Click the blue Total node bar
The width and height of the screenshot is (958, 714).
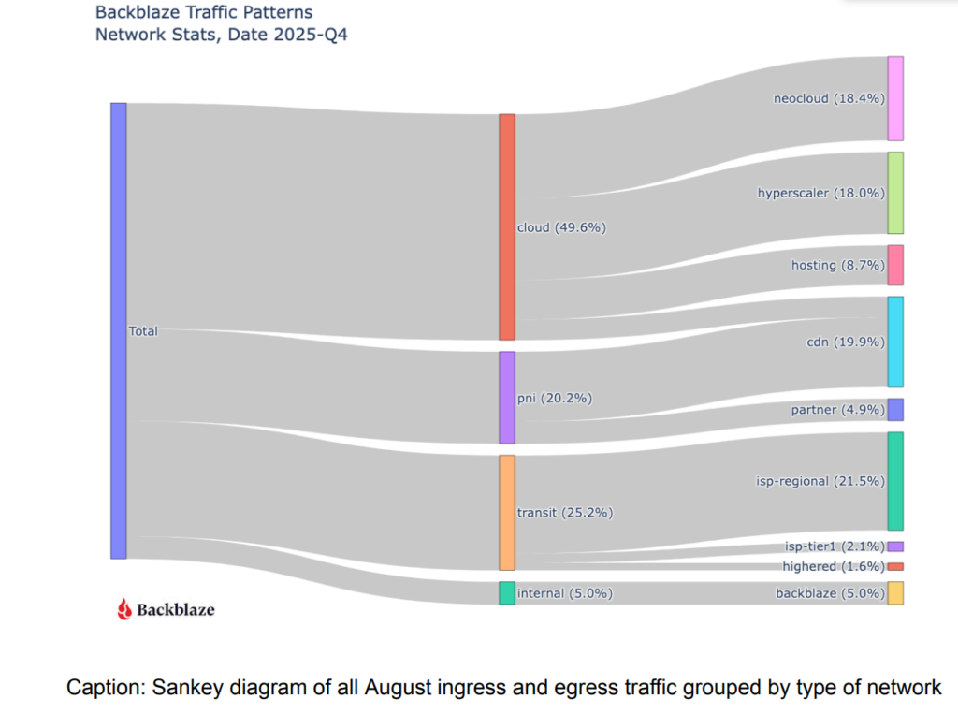(x=118, y=330)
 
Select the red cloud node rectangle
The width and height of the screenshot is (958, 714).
(x=507, y=226)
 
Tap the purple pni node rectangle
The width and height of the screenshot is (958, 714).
(x=507, y=398)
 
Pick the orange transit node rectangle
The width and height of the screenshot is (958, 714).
(x=507, y=513)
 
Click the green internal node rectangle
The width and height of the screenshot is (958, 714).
(x=507, y=593)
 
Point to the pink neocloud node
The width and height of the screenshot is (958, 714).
(x=895, y=98)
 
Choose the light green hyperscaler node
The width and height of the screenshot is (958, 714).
(x=895, y=193)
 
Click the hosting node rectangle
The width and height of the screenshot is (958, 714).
(x=895, y=265)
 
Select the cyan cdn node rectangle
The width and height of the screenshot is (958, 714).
(x=895, y=342)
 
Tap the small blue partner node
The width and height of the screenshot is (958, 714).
(x=895, y=410)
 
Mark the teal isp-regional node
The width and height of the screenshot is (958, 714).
(x=895, y=481)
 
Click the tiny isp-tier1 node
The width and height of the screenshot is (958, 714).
(x=895, y=546)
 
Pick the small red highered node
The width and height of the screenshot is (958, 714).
(x=895, y=567)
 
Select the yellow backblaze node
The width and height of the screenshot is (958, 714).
(x=895, y=593)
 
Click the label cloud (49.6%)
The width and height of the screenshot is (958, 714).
(x=561, y=227)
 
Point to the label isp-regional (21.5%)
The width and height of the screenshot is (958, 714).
(x=820, y=481)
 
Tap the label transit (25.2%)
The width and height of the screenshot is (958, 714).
(x=565, y=513)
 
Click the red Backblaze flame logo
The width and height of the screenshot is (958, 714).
(x=124, y=609)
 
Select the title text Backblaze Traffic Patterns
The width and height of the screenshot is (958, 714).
(x=204, y=13)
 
